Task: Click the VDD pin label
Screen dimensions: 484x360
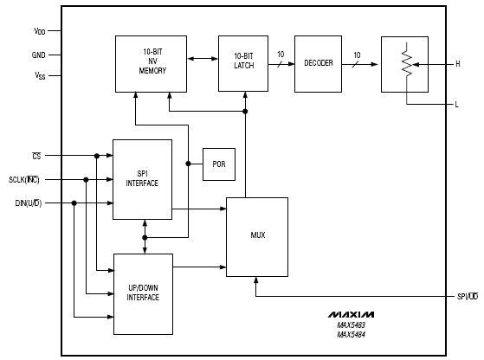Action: tap(40, 31)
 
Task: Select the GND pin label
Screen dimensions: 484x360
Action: tap(39, 55)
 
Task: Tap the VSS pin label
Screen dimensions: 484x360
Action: tap(40, 75)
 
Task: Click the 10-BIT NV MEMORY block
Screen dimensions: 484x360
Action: tap(151, 64)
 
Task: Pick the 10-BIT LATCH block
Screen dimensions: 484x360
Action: tap(243, 63)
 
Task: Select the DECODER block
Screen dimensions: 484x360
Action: tap(319, 64)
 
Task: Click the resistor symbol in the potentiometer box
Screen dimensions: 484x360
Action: tap(407, 63)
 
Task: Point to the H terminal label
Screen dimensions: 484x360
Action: tap(458, 64)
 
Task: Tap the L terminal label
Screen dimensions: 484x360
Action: tap(457, 105)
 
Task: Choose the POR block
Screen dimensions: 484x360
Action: tap(219, 164)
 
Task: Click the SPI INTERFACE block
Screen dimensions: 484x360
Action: tap(142, 179)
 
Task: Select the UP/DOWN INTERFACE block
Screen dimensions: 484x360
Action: tap(143, 294)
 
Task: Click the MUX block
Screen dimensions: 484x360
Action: tap(257, 237)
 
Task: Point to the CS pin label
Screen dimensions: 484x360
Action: tap(36, 156)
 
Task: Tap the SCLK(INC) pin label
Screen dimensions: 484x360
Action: tap(24, 179)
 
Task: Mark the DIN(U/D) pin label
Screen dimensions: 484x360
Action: tap(29, 203)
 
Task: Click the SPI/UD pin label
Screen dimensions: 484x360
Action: tap(468, 297)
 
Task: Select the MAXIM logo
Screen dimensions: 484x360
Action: tap(351, 315)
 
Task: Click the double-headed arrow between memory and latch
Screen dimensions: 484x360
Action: tap(203, 59)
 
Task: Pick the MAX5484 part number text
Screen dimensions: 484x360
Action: tap(352, 334)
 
